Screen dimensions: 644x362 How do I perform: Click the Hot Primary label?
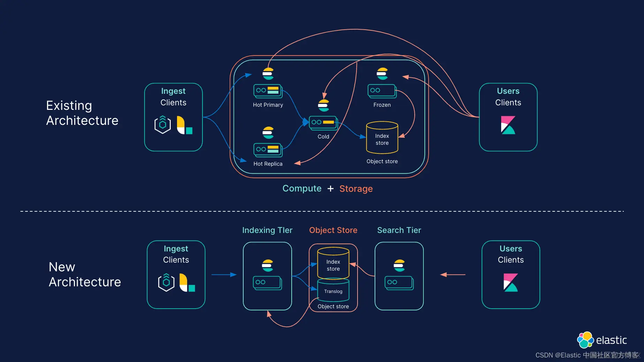tap(268, 105)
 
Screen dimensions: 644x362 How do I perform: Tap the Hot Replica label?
tap(268, 164)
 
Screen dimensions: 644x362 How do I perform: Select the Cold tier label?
tap(323, 137)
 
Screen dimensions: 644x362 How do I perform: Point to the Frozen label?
tap(382, 105)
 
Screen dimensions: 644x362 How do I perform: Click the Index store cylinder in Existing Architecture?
tap(382, 137)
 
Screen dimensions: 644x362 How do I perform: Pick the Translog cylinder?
tap(333, 290)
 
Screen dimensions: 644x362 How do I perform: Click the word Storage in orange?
tap(356, 189)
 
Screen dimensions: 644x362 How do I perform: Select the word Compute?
tap(302, 189)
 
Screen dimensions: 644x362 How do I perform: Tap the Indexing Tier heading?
tap(267, 230)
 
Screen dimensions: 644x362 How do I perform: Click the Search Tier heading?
tap(399, 230)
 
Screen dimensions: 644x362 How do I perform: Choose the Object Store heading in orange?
tap(333, 230)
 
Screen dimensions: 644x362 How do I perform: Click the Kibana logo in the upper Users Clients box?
tap(508, 125)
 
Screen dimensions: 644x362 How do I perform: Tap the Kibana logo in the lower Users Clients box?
tap(511, 282)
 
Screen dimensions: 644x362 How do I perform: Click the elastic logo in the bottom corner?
tap(602, 340)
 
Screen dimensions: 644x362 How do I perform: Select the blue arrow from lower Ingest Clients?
tap(224, 275)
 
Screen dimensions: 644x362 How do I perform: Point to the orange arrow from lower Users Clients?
tap(453, 275)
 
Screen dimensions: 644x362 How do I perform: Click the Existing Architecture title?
tap(82, 113)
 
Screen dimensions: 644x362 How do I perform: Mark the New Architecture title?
tap(85, 274)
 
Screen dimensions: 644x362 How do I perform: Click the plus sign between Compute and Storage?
tap(330, 189)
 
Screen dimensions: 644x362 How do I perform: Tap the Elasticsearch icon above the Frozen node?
tap(382, 74)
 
